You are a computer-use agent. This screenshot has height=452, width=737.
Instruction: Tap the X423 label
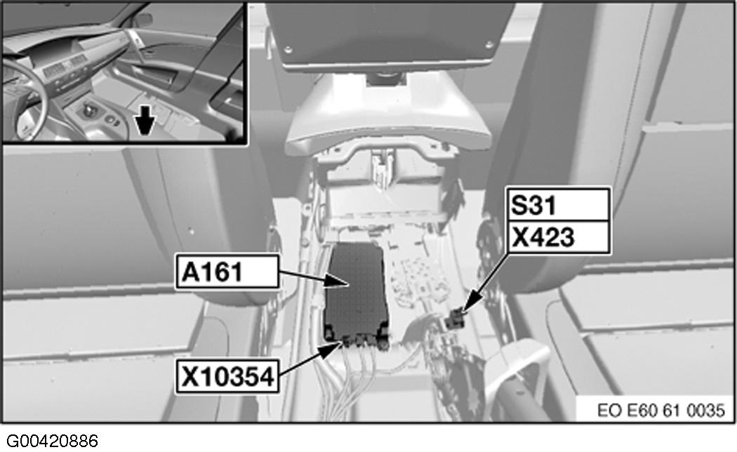[558, 237]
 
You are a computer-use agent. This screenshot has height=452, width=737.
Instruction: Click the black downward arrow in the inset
[144, 124]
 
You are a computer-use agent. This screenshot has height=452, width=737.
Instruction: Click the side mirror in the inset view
[144, 20]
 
